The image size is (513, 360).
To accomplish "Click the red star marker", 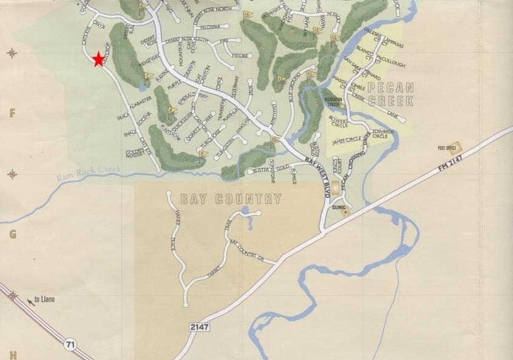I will click(98, 59).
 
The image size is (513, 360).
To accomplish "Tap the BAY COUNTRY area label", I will click(231, 199).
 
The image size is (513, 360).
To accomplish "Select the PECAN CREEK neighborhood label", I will click(390, 95).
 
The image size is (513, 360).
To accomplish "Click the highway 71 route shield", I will click(70, 345).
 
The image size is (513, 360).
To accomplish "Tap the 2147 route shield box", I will click(199, 327).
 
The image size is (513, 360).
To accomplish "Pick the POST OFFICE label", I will click(446, 148).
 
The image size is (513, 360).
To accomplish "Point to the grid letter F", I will click(12, 112).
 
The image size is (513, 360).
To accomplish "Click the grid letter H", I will click(12, 355).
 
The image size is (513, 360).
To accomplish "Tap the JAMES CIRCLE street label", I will click(347, 140).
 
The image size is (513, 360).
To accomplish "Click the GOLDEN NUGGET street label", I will click(135, 154).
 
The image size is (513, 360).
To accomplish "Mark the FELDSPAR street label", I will click(209, 27).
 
